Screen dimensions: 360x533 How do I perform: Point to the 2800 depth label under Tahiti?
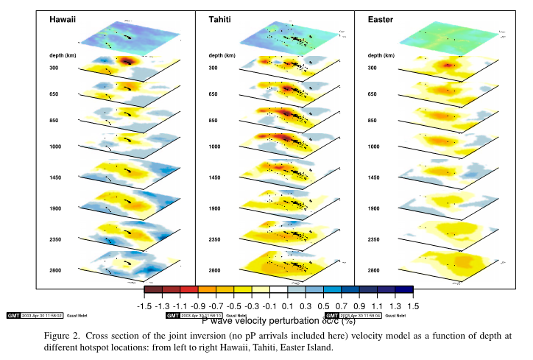click(214, 271)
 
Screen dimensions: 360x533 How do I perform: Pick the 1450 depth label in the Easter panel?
click(374, 178)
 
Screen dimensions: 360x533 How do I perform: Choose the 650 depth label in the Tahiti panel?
click(213, 95)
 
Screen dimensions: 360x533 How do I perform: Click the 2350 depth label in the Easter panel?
click(374, 240)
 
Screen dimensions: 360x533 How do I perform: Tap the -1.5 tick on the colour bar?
click(144, 305)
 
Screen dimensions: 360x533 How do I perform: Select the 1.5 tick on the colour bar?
click(412, 305)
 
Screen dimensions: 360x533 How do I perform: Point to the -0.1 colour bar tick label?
click(269, 305)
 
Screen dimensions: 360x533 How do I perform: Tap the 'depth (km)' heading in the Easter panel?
click(383, 55)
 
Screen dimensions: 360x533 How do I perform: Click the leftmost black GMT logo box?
click(13, 315)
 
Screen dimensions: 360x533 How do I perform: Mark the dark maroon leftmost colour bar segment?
click(153, 291)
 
